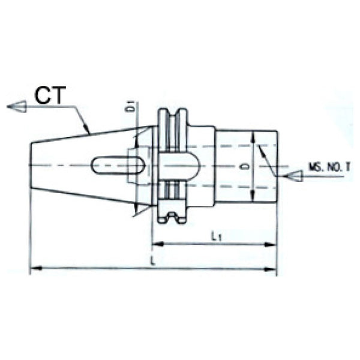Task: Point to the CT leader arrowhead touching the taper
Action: pyautogui.click(x=88, y=130)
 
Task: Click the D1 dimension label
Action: pyautogui.click(x=129, y=107)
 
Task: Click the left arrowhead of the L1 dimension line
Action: pyautogui.click(x=155, y=244)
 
